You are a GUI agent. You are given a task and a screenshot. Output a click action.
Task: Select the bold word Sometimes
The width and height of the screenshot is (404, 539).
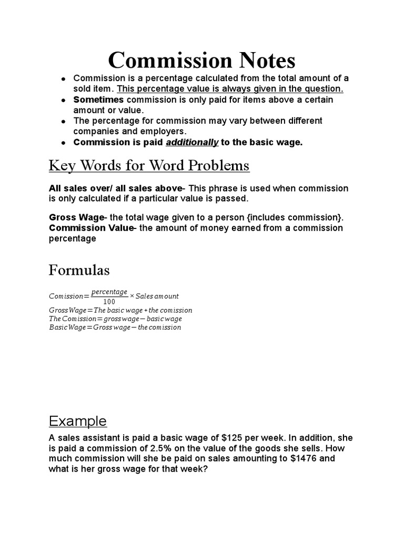coord(98,99)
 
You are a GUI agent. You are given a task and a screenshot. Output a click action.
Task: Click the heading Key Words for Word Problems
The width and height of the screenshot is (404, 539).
coord(149,166)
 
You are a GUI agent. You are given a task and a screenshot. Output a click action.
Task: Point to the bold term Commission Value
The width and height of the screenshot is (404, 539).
coord(90,228)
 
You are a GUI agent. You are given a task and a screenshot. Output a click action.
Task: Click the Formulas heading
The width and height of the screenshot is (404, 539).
coord(79,271)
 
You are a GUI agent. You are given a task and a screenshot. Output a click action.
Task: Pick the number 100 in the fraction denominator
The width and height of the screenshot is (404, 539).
coord(109,302)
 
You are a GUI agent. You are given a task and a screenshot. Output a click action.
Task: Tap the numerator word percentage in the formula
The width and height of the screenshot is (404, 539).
coord(109,292)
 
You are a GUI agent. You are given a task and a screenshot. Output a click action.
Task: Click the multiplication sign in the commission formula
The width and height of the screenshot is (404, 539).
coord(132,296)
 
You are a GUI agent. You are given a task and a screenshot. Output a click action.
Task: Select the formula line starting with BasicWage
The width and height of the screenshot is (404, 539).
coord(115,327)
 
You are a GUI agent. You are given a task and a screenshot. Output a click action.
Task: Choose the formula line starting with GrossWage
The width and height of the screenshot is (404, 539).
coord(120,311)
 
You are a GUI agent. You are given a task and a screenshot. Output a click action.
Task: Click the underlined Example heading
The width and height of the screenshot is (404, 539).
coord(77,421)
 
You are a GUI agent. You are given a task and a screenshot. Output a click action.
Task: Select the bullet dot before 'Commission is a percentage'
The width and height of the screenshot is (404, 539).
coord(63,78)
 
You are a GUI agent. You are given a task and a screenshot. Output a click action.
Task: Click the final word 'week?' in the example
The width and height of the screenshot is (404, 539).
coord(196,468)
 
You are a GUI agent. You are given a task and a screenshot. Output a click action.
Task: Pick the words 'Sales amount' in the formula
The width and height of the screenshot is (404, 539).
coord(158,296)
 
